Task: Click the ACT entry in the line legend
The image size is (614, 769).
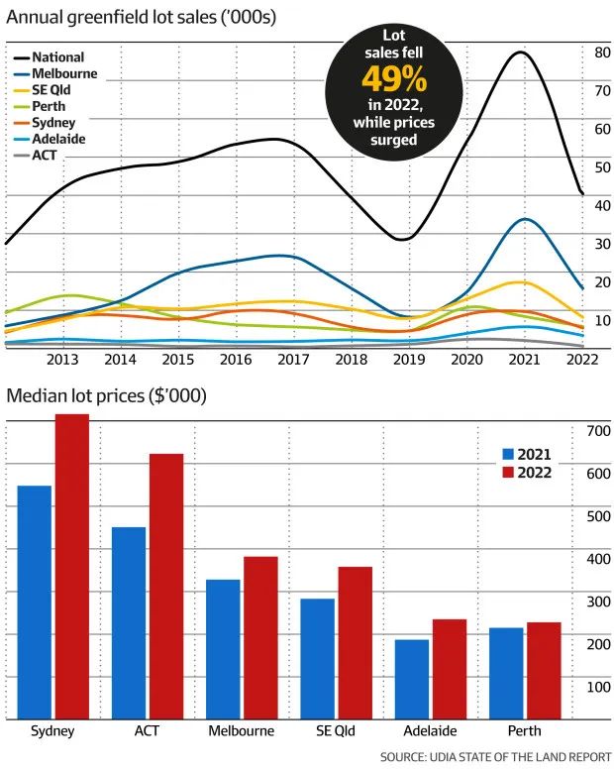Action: point(45,155)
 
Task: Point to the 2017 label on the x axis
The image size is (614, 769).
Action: point(293,360)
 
